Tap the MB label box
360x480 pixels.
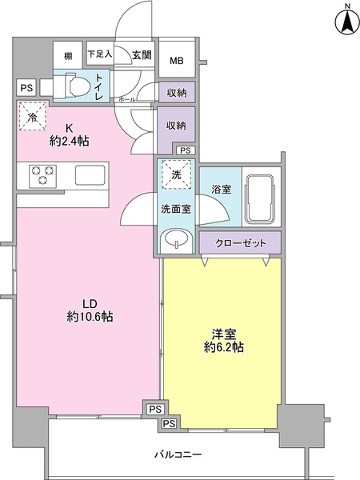pos(175,59)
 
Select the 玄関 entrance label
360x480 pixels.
pos(142,54)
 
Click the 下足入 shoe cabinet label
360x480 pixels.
pos(100,54)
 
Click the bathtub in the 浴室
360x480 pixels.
pos(260,201)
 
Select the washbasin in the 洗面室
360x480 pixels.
pos(175,239)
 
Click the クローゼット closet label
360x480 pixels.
pos(240,241)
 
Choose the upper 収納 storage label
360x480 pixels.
pos(176,93)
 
